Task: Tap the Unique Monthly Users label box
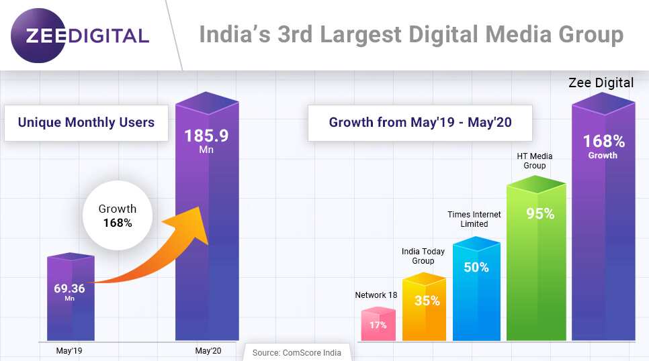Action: tap(86, 122)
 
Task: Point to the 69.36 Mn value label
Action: tap(70, 291)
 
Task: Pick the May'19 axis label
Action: tap(69, 350)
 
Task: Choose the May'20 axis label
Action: tap(207, 350)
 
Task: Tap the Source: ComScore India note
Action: tap(296, 352)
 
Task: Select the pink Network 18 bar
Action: tap(378, 325)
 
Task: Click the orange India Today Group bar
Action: tap(424, 309)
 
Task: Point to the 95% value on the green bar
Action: tap(540, 214)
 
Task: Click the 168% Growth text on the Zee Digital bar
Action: tap(603, 146)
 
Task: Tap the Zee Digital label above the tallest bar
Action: tap(601, 83)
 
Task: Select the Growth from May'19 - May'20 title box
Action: tap(419, 122)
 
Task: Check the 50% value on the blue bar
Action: tap(476, 266)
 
